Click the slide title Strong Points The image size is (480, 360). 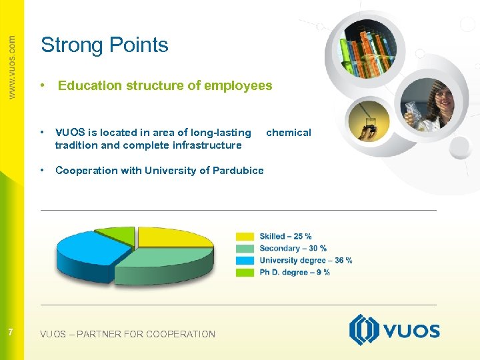coord(105,45)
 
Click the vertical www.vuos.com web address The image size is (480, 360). coord(11,67)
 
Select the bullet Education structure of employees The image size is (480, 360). coord(165,85)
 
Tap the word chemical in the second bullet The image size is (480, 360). coord(288,133)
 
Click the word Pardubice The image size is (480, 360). coord(238,170)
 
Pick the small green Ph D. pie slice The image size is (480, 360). coord(117,233)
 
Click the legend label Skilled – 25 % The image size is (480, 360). coord(285,236)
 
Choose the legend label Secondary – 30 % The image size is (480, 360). coord(293,248)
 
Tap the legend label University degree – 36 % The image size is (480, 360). coord(305,260)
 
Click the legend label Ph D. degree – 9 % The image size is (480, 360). coord(294,272)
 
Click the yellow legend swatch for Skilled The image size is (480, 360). coord(245,236)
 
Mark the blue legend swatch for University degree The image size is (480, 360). coord(245,260)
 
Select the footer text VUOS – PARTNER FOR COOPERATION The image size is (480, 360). coord(127,334)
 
